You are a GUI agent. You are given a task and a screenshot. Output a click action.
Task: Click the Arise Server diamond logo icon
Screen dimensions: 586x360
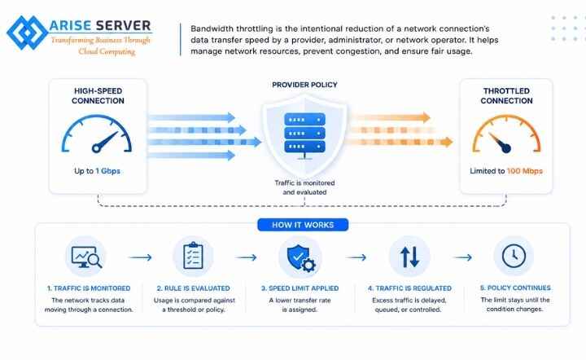pos(28,33)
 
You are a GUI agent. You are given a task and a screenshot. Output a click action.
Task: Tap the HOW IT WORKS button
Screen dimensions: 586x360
pos(303,225)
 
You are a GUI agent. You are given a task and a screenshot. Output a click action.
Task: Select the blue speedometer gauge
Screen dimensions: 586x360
pos(96,134)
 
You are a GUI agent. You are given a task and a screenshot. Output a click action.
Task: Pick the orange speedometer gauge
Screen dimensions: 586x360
pos(506,134)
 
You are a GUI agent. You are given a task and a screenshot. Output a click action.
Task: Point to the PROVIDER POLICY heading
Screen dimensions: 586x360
pos(304,85)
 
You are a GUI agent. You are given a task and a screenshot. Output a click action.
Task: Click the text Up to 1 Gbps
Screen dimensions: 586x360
pos(97,171)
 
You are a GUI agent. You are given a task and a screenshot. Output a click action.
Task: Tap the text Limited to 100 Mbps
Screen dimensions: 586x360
pos(506,171)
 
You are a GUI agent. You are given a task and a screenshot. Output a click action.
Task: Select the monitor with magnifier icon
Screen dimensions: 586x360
pos(86,257)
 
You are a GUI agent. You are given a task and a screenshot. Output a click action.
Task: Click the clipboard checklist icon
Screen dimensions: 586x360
pos(193,256)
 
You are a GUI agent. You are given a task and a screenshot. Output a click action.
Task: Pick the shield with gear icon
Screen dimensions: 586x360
pos(301,258)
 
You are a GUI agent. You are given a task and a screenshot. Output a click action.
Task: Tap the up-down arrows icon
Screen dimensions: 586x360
pos(409,257)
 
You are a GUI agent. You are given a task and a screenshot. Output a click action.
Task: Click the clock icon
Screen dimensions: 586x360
pos(514,256)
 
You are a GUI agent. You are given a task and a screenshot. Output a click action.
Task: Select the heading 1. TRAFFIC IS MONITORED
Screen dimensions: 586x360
pos(89,288)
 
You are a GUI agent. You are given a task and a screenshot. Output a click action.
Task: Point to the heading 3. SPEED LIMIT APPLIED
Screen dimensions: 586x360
pos(300,288)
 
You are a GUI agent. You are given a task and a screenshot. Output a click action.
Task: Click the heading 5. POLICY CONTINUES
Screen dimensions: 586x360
pos(515,288)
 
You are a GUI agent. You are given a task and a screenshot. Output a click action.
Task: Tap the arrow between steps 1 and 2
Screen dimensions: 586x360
pos(141,257)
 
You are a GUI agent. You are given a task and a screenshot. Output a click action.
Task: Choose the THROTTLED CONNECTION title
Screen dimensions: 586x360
pos(506,95)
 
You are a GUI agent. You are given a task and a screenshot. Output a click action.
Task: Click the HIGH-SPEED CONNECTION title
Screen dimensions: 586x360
pos(98,95)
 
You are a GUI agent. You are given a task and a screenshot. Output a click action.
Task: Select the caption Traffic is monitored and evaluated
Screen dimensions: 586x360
pos(304,187)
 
